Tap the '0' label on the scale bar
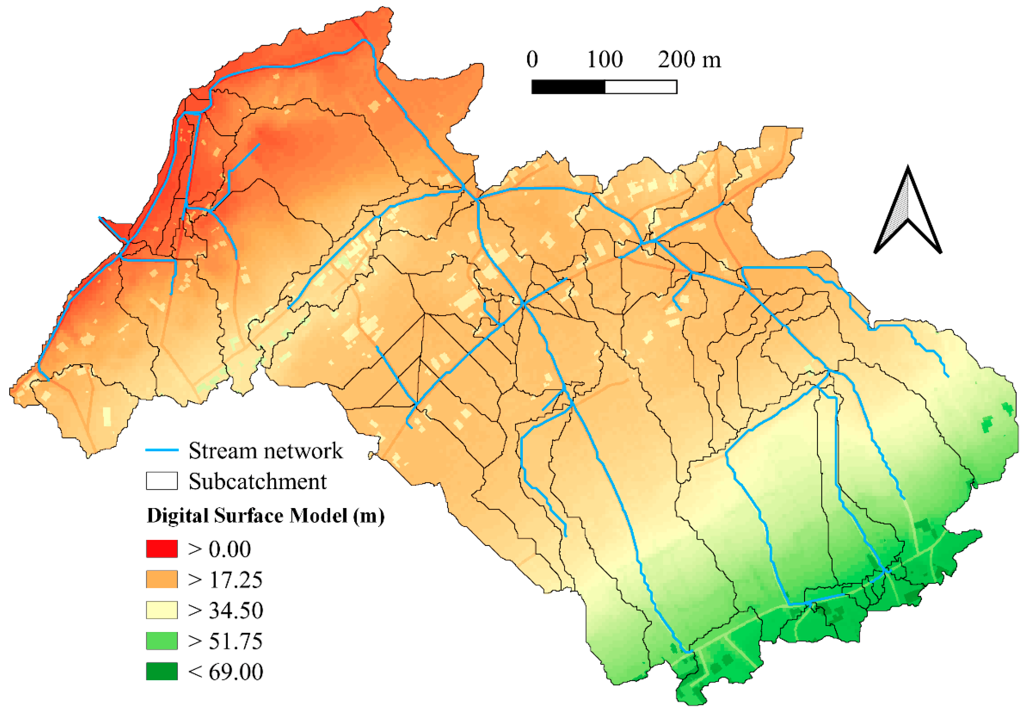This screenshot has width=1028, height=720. coord(532,60)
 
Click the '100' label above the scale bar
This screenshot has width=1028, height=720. coord(605,60)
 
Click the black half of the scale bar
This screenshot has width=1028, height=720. coord(568,87)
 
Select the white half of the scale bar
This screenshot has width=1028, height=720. coord(641,87)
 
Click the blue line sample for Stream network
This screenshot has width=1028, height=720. coord(162,450)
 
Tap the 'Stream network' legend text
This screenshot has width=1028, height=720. coord(266,450)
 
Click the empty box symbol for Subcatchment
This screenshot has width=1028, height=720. coord(162,481)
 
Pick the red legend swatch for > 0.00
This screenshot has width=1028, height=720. coord(162,548)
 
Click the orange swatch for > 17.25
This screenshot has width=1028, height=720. coord(162,579)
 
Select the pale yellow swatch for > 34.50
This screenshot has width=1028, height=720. coord(162,610)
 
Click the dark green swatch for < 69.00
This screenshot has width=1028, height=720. coord(162,671)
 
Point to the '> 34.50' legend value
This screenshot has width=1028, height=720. coord(225,610)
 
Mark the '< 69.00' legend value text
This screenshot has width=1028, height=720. coord(225,672)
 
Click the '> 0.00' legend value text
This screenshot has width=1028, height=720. coord(219,549)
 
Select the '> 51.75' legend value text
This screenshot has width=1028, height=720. coord(225,641)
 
